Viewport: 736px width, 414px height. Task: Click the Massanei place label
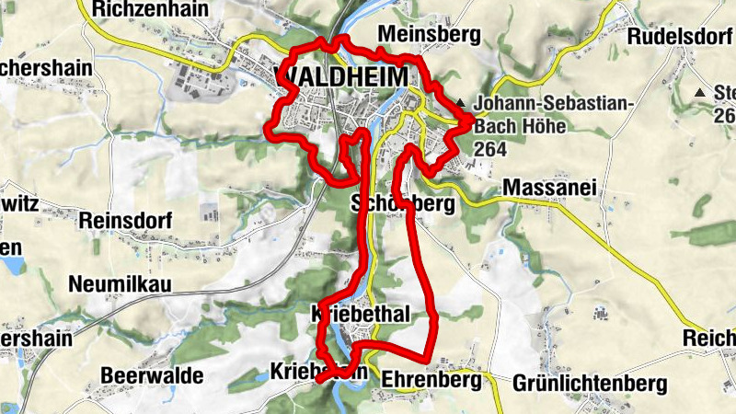click(550, 189)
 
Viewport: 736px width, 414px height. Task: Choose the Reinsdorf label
click(127, 221)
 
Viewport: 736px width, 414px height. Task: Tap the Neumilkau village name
click(121, 284)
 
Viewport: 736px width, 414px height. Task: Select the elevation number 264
click(490, 148)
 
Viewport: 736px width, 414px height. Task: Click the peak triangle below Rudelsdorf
click(701, 93)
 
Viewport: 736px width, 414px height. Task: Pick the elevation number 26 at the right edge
click(725, 115)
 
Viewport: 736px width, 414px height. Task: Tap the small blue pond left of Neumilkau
click(11, 267)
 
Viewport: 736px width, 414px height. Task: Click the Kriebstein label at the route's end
click(318, 372)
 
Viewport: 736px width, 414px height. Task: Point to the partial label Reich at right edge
click(708, 339)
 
